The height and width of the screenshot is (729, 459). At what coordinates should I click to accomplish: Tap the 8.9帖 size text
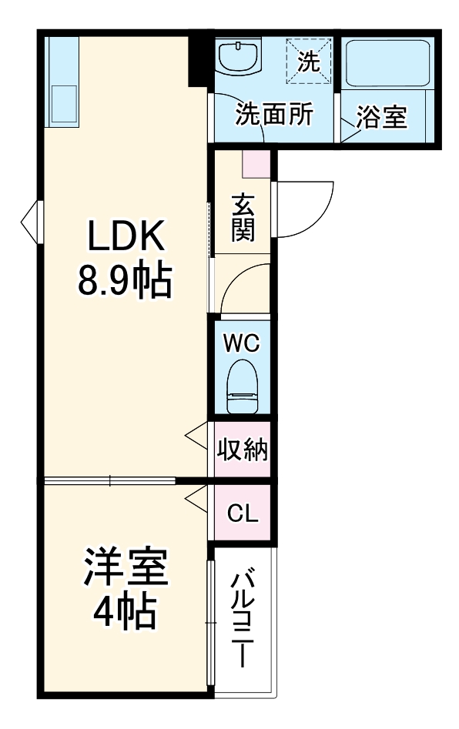(x=125, y=282)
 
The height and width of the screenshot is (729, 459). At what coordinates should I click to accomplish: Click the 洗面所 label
(x=273, y=115)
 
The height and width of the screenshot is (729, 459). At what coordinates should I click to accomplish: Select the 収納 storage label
(x=242, y=450)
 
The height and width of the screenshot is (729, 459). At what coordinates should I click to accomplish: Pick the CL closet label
(x=242, y=513)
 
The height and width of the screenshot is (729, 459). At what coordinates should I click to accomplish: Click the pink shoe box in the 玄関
(x=256, y=163)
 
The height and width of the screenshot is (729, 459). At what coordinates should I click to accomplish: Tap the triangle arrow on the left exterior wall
(x=29, y=222)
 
